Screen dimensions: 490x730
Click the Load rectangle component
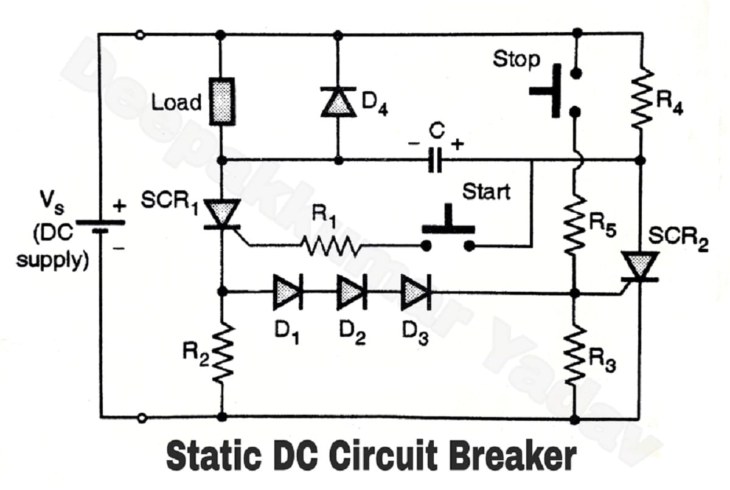coord(222,101)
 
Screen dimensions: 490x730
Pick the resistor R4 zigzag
coord(640,100)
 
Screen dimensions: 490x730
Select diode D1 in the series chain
coord(287,292)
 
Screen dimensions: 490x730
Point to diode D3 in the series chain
coord(416,292)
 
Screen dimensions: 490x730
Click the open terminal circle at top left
coord(141,35)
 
